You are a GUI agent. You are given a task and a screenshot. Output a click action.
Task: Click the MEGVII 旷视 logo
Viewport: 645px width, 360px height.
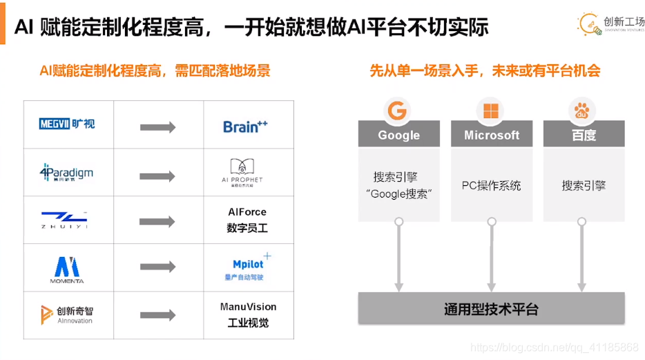click(67, 124)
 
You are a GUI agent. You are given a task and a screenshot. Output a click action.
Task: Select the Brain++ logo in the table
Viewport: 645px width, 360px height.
click(245, 126)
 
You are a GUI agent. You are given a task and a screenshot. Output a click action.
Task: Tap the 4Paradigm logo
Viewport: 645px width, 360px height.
click(66, 171)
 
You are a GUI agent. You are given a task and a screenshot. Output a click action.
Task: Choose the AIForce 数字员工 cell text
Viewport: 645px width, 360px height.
click(247, 220)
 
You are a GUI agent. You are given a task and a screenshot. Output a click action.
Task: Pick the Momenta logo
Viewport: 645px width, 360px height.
click(67, 268)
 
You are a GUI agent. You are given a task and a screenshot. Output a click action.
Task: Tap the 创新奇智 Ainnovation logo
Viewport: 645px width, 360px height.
click(66, 314)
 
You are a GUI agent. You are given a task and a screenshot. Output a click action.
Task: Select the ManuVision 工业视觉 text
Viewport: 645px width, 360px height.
click(248, 314)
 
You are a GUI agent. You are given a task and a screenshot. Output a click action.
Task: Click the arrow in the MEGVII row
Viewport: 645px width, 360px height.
click(157, 127)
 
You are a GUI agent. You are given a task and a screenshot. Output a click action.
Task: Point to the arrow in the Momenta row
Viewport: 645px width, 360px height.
click(157, 267)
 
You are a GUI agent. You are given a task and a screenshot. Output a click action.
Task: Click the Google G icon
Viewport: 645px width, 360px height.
click(398, 111)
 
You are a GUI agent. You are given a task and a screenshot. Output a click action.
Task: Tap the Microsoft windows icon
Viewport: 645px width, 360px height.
click(491, 111)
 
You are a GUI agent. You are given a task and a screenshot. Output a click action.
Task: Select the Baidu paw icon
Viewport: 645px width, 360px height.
click(583, 111)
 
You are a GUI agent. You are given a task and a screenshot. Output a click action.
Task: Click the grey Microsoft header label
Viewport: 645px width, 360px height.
click(492, 135)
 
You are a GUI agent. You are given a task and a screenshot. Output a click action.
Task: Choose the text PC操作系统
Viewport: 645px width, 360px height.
click(492, 186)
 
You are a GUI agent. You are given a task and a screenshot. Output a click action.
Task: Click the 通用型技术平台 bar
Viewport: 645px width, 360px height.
click(491, 309)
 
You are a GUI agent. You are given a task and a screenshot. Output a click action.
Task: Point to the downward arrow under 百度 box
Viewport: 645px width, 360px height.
click(582, 256)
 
